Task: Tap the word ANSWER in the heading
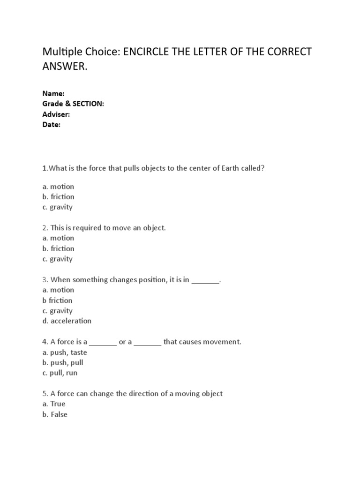coord(63,67)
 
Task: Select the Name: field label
coord(53,93)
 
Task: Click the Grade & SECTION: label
coord(73,104)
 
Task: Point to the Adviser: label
coord(56,114)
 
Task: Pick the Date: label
coord(52,125)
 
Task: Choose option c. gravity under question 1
coord(57,207)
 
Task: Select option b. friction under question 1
coord(58,197)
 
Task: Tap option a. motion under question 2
coord(58,238)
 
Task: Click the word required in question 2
coord(86,228)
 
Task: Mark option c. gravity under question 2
coord(57,259)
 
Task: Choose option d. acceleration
coord(67,321)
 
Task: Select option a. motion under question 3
coord(58,290)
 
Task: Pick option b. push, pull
coord(63,362)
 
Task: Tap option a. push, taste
coord(65,352)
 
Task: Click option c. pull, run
coord(60,373)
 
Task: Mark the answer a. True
coord(54,404)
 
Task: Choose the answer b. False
coord(55,414)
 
